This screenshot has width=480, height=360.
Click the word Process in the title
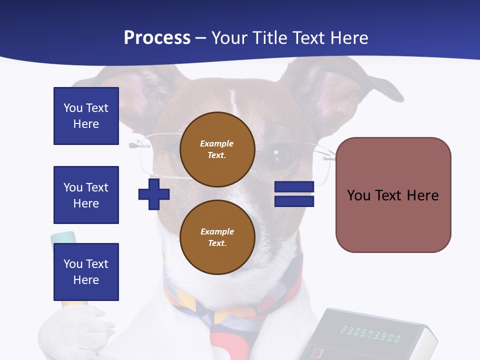point(157,38)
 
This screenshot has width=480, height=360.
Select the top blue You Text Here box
point(86,116)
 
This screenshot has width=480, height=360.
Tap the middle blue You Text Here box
point(86,195)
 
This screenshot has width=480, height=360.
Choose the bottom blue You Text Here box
point(86,272)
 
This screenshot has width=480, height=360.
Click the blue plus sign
point(154,194)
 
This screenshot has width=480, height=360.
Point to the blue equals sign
point(294,194)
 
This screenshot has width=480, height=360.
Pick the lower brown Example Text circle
point(217,237)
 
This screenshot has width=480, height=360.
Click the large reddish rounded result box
point(393,195)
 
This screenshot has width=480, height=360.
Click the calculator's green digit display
point(370,333)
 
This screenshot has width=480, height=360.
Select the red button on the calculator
point(316,353)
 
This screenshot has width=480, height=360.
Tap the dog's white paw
point(75,330)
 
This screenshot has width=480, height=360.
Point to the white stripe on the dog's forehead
point(233,100)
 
